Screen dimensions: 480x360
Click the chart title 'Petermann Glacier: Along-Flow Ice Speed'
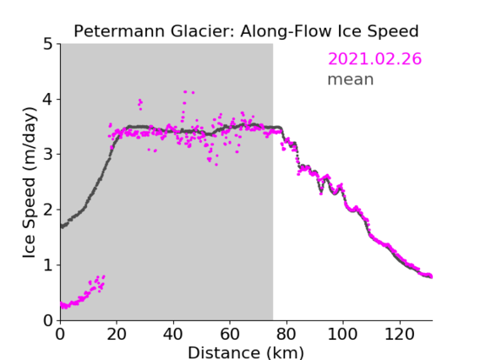click(x=246, y=31)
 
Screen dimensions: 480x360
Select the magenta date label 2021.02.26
click(x=374, y=59)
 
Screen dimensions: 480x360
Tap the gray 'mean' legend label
click(x=351, y=79)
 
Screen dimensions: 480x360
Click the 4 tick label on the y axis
click(x=48, y=100)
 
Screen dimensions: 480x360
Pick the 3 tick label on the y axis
click(x=48, y=155)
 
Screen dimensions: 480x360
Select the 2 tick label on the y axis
click(x=48, y=210)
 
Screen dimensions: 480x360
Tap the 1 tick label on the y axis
click(x=48, y=265)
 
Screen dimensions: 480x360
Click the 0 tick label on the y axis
click(x=48, y=320)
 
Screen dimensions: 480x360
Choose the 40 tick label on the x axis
click(x=173, y=334)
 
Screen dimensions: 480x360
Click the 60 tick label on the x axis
click(x=230, y=334)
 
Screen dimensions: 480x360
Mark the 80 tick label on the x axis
click(x=286, y=334)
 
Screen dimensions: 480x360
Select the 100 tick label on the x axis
click(x=342, y=334)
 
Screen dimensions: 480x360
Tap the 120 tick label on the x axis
click(x=400, y=334)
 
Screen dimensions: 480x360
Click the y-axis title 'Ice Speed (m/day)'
click(x=29, y=183)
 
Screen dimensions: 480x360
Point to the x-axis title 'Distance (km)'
click(x=246, y=352)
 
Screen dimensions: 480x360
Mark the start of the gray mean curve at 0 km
click(x=61, y=226)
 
